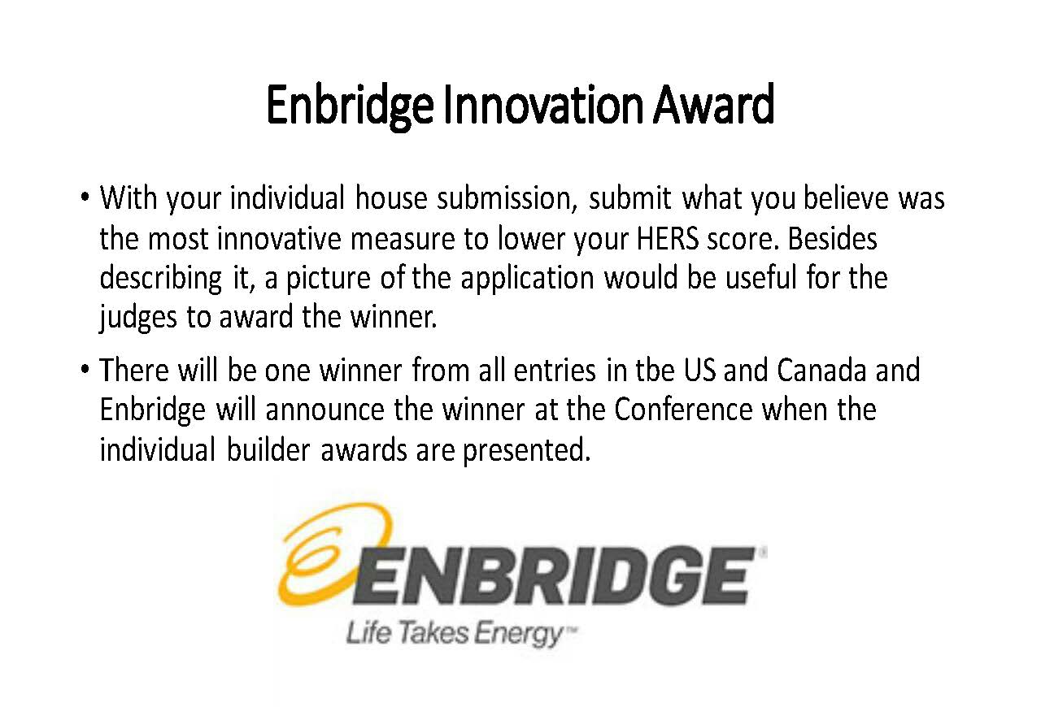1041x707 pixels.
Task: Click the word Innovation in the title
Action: (543, 105)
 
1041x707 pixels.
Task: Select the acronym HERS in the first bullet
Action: (667, 238)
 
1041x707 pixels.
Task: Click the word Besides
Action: (832, 238)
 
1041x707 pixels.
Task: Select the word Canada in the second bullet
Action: (822, 371)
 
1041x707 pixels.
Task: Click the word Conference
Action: (683, 410)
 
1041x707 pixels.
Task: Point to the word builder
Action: (268, 449)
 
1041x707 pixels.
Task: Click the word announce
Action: (324, 410)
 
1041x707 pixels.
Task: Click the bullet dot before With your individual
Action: (85, 197)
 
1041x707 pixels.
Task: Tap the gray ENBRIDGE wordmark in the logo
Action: (553, 576)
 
